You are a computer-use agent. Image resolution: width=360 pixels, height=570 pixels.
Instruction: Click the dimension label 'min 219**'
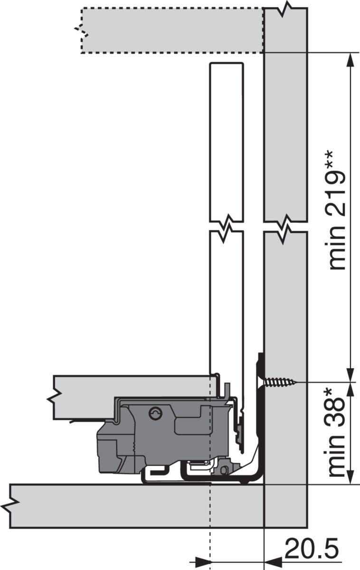click(x=336, y=209)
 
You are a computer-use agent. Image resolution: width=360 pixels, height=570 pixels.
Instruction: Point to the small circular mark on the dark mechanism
click(x=155, y=414)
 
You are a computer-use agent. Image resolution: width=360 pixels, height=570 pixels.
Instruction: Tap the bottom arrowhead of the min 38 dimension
click(x=351, y=477)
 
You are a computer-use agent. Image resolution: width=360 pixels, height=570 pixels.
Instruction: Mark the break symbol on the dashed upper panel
click(x=82, y=31)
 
